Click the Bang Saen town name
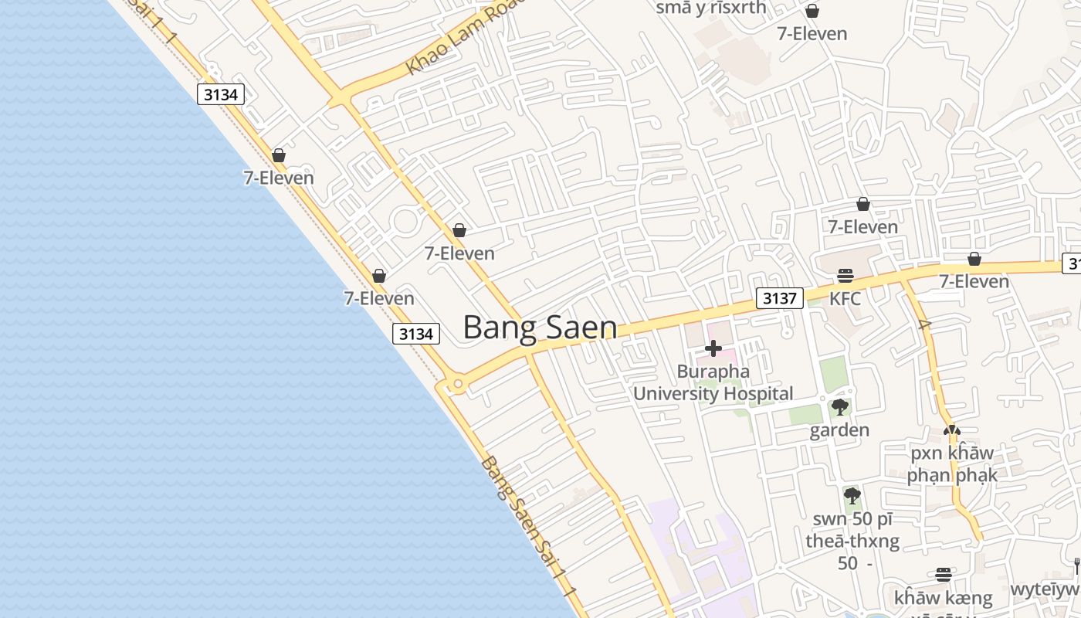[540, 328]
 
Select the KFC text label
[845, 298]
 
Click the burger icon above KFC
[845, 276]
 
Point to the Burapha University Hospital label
[713, 382]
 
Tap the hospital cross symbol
[713, 348]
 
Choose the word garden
[839, 430]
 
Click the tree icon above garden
[840, 407]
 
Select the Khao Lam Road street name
[463, 39]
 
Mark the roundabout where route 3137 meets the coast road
[457, 382]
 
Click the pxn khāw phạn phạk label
[952, 463]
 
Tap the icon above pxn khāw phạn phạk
[952, 430]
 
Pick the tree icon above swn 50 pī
[852, 495]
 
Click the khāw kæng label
[943, 598]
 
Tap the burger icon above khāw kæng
[943, 575]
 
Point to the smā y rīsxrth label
[710, 8]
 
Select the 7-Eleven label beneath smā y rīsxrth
[812, 33]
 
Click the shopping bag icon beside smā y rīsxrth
[812, 11]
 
